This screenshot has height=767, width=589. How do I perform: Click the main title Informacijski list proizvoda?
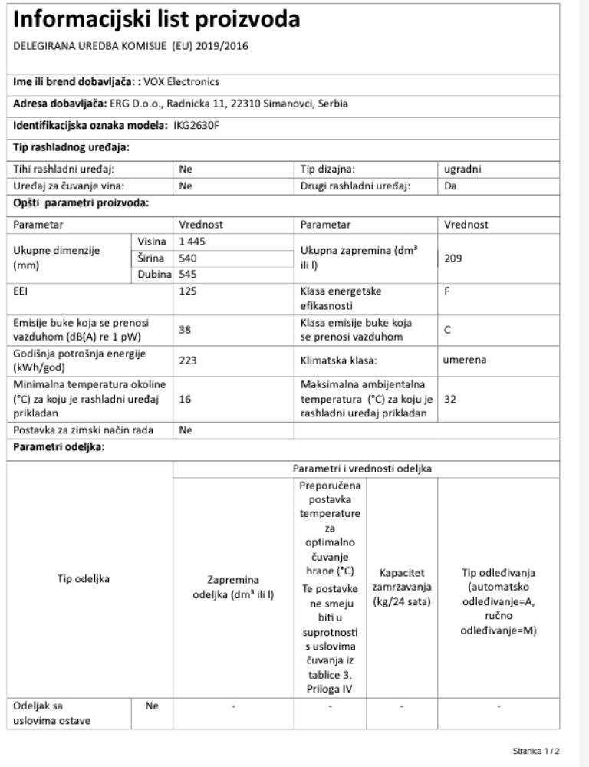click(156, 19)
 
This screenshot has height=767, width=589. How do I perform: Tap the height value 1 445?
click(192, 242)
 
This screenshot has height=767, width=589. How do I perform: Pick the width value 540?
click(188, 258)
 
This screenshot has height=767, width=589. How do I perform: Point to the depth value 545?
click(188, 274)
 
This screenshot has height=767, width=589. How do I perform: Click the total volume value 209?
click(452, 258)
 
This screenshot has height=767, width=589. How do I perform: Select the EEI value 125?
click(188, 291)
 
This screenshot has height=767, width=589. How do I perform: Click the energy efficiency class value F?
click(447, 291)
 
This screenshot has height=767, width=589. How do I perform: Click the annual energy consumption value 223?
click(188, 360)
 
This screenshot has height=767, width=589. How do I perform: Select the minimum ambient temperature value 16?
click(185, 399)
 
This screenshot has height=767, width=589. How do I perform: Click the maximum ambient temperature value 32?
click(450, 399)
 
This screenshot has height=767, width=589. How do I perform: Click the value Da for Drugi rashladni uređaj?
click(450, 185)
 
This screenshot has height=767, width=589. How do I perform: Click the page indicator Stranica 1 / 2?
click(537, 752)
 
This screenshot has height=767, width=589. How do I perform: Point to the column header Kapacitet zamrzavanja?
click(402, 587)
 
